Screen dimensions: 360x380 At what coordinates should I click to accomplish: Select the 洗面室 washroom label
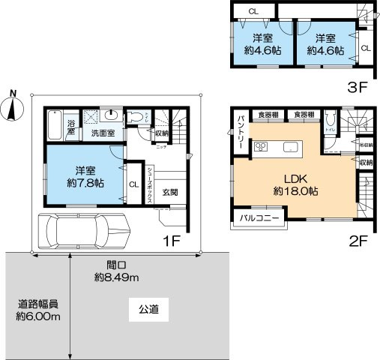tap(103, 133)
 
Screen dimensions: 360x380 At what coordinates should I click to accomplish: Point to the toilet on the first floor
tap(136, 117)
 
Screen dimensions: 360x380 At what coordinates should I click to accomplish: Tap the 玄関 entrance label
tap(169, 192)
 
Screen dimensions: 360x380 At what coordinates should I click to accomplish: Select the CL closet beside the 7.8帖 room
tap(132, 184)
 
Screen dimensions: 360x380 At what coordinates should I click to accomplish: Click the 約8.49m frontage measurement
tap(117, 277)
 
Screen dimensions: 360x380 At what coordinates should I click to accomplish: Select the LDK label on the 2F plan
tap(294, 178)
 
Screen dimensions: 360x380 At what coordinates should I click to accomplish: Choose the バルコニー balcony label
tap(259, 217)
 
